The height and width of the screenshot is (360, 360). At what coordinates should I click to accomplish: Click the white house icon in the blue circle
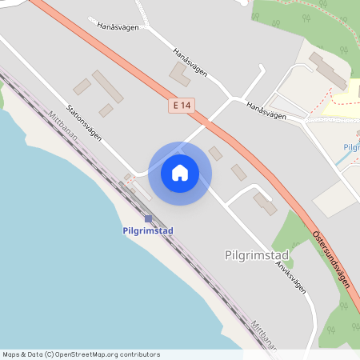(179, 173)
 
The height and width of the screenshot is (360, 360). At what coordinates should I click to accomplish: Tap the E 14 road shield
(181, 106)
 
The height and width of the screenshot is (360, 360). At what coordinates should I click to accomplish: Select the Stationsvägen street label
(84, 124)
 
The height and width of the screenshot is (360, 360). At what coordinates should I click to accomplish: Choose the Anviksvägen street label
(291, 277)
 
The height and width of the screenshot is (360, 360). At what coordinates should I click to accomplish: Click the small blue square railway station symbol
(148, 218)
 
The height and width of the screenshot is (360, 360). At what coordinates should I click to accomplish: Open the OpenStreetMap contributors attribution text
(81, 354)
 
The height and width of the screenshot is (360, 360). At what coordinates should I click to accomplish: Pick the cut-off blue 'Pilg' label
(351, 147)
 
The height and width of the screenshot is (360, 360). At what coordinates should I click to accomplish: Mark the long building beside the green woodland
(328, 70)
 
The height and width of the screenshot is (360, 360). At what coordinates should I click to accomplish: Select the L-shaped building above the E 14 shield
(180, 74)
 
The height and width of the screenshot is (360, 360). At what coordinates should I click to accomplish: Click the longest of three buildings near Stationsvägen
(108, 86)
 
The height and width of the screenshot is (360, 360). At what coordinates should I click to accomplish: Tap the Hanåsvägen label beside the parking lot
(266, 111)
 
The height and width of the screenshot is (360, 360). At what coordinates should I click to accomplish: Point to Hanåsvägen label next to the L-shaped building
(190, 62)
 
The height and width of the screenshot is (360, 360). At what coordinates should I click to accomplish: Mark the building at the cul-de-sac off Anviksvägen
(265, 203)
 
